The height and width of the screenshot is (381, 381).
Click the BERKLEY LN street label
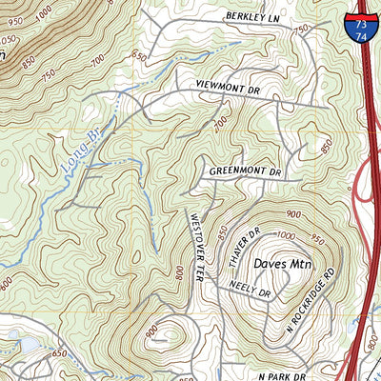click(255, 17)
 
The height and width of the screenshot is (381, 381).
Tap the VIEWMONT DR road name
click(228, 86)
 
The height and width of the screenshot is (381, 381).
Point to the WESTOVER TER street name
click(193, 247)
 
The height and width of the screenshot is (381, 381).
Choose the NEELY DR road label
click(251, 291)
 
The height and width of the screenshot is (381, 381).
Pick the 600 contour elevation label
click(7, 284)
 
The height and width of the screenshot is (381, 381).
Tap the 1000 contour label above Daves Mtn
click(288, 233)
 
